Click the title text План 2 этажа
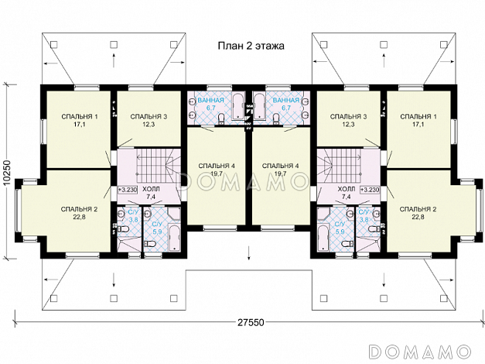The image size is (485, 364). (x=251, y=46)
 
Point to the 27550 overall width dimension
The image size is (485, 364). (x=251, y=322)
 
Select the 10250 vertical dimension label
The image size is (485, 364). (x=8, y=173)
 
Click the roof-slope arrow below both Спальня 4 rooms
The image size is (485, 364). (x=248, y=252)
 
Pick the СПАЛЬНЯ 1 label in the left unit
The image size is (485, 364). (x=80, y=116)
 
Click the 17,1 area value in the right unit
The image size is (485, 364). (x=418, y=125)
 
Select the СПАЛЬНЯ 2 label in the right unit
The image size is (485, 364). (x=418, y=209)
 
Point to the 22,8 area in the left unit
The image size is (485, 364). (x=80, y=217)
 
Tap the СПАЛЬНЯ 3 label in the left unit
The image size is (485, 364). (x=149, y=116)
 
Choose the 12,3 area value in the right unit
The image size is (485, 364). (x=348, y=125)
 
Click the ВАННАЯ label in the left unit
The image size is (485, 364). (x=210, y=100)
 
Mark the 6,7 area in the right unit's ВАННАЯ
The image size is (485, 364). (x=286, y=108)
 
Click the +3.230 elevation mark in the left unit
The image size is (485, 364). (x=128, y=190)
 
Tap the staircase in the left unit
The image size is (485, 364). (x=158, y=167)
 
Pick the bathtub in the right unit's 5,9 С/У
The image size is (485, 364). (x=323, y=238)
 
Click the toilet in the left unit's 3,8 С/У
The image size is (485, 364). (x=123, y=229)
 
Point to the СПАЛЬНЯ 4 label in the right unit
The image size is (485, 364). (x=281, y=166)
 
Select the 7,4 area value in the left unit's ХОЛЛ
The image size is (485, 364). (x=152, y=197)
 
